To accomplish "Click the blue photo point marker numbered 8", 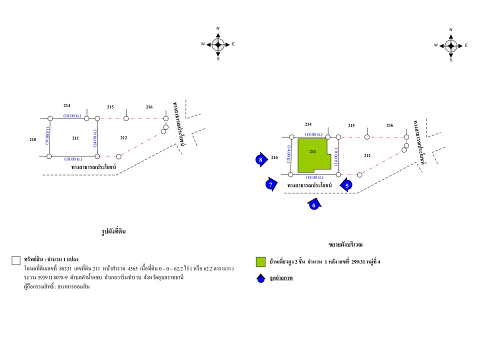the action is coord(261,159).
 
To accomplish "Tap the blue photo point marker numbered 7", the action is coord(271,184).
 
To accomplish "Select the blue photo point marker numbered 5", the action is coord(346,185).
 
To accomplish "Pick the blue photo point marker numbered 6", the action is coord(314,204).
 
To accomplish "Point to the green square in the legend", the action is coord(260,261).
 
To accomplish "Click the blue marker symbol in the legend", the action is coord(261,278).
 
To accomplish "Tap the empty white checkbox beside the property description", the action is coord(16,260).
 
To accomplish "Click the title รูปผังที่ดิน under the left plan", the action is coord(113,231).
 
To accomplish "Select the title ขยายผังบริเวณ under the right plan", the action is coord(345,244).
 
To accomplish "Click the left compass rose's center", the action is coord(218,44).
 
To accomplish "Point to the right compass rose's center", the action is coord(451,46).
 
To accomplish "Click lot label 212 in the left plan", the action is coord(123,138).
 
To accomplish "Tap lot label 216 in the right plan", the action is coord(389,125).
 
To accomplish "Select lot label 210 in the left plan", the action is coord(33,139).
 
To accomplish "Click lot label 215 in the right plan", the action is coord(351,125).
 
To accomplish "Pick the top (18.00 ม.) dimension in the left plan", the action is coord(72,115).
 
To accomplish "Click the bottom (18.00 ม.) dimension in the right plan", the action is coord(314,177).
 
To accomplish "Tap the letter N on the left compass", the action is coord(218,28).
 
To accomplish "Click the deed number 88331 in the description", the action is coord(65,269).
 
